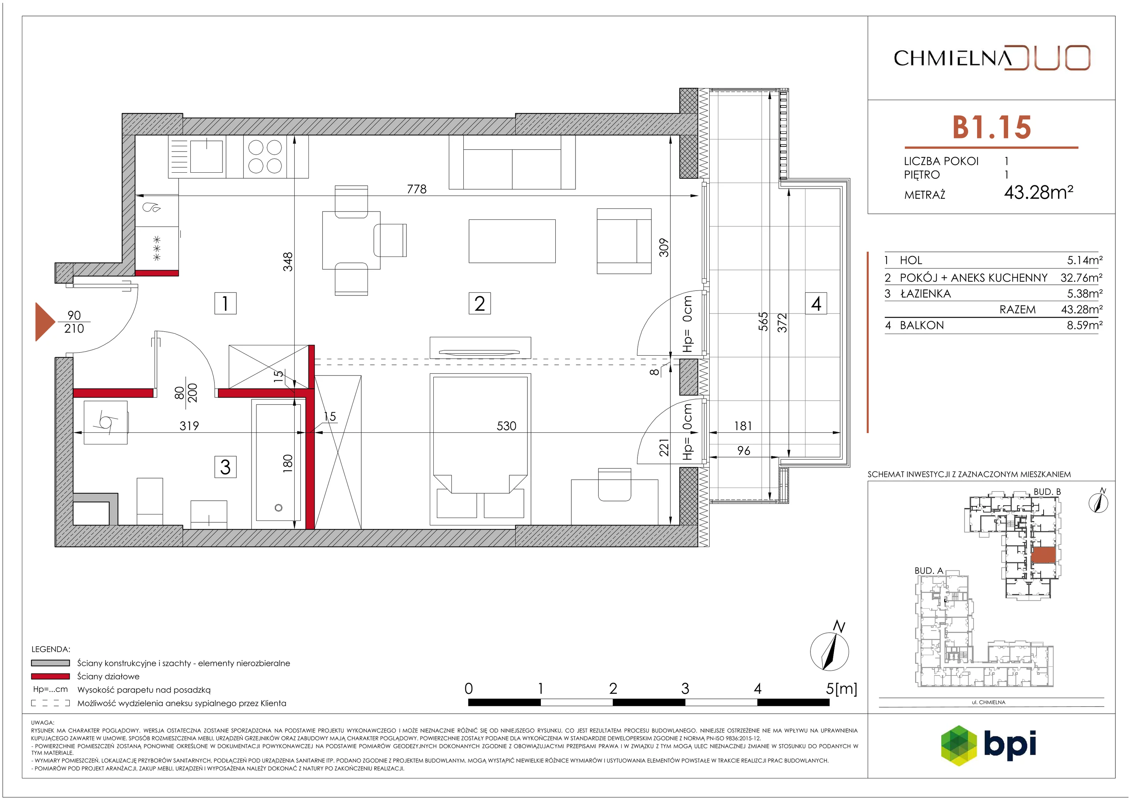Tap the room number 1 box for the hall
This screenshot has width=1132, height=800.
pyautogui.click(x=225, y=303)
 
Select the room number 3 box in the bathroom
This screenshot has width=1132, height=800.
pyautogui.click(x=225, y=467)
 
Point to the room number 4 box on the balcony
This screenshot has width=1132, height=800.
pyautogui.click(x=816, y=303)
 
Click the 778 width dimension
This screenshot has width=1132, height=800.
pyautogui.click(x=417, y=189)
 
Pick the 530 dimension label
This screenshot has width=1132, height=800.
pyautogui.click(x=506, y=426)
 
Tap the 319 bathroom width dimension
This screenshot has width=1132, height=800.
pyautogui.click(x=189, y=426)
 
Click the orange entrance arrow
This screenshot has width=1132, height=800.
pyautogui.click(x=45, y=322)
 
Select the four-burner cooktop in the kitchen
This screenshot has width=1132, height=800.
pyautogui.click(x=265, y=156)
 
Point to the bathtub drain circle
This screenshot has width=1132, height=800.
pyautogui.click(x=278, y=507)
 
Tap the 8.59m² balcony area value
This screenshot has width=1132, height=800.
pyautogui.click(x=1085, y=325)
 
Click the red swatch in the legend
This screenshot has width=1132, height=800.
pyautogui.click(x=50, y=676)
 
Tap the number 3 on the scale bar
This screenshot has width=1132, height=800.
pyautogui.click(x=685, y=689)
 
